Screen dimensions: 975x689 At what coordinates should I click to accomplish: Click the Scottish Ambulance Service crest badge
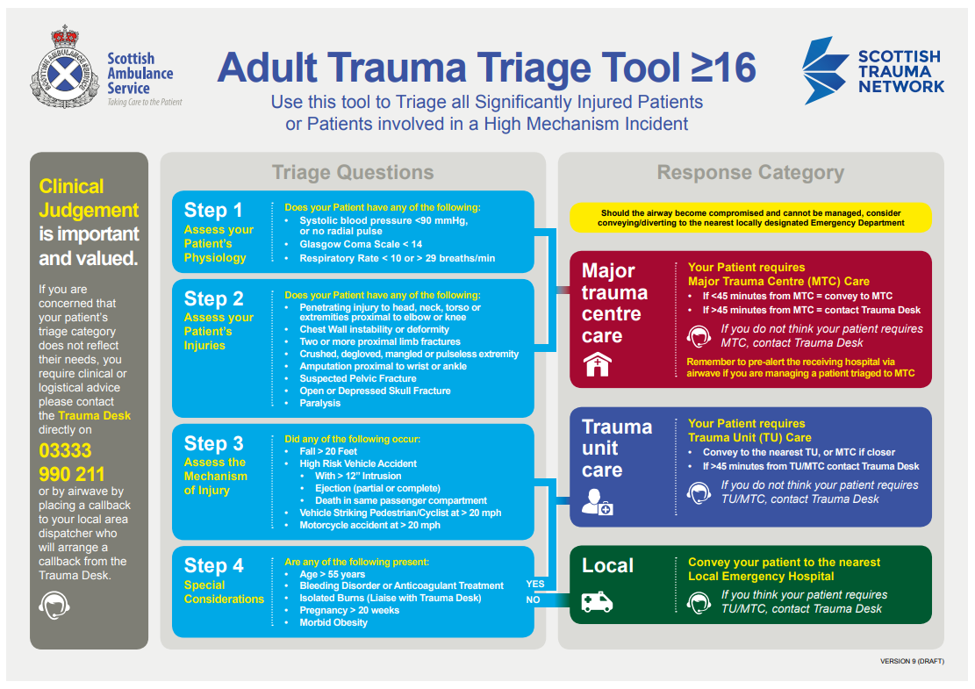(65, 68)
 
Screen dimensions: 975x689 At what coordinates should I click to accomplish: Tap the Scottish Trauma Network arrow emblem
(825, 70)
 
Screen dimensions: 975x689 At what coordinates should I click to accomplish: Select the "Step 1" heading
(212, 210)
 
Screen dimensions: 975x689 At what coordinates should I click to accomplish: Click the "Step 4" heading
(213, 566)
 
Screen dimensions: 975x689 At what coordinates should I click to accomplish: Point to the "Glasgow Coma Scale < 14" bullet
(361, 244)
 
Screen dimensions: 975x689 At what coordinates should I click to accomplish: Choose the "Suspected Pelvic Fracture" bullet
(357, 378)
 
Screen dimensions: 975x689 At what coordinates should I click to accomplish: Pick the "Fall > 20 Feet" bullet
(328, 451)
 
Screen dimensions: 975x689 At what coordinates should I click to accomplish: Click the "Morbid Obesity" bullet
(333, 622)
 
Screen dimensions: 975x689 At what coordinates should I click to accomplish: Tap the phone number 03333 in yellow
(65, 451)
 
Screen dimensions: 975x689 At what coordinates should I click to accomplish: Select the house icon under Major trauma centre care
(597, 364)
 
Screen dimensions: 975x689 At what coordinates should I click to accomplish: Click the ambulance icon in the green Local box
(597, 602)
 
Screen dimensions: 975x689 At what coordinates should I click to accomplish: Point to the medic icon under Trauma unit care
(597, 502)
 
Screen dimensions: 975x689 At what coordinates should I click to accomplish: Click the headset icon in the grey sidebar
(54, 605)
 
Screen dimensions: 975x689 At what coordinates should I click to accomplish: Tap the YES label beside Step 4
(535, 584)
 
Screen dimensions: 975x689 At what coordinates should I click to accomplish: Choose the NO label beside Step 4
(533, 600)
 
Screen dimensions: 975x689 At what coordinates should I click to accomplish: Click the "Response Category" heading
(750, 172)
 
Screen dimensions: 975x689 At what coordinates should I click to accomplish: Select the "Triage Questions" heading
(353, 172)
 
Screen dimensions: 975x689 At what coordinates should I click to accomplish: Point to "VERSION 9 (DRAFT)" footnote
(912, 661)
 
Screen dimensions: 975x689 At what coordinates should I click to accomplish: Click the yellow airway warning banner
(750, 218)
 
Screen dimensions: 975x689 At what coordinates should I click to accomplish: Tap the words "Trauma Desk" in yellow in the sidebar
(94, 415)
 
